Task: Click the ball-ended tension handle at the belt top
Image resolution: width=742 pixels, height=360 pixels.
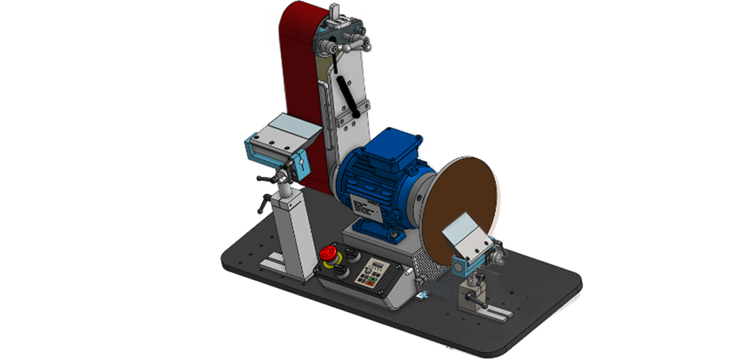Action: pyautogui.click(x=367, y=46)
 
